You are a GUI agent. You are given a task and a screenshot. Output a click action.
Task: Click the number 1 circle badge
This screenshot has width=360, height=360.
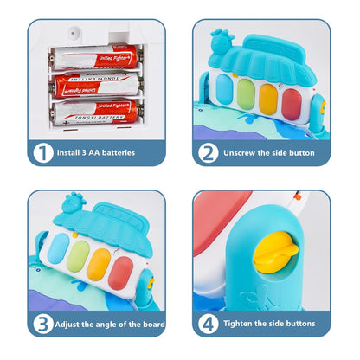click(x=42, y=152)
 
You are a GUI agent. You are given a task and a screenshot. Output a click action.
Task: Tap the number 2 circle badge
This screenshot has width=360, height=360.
click(x=209, y=152)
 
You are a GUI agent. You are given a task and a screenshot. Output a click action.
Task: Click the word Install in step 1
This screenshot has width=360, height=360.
click(x=74, y=153)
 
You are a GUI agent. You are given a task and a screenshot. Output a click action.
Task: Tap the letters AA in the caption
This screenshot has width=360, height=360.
click(x=104, y=153)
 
